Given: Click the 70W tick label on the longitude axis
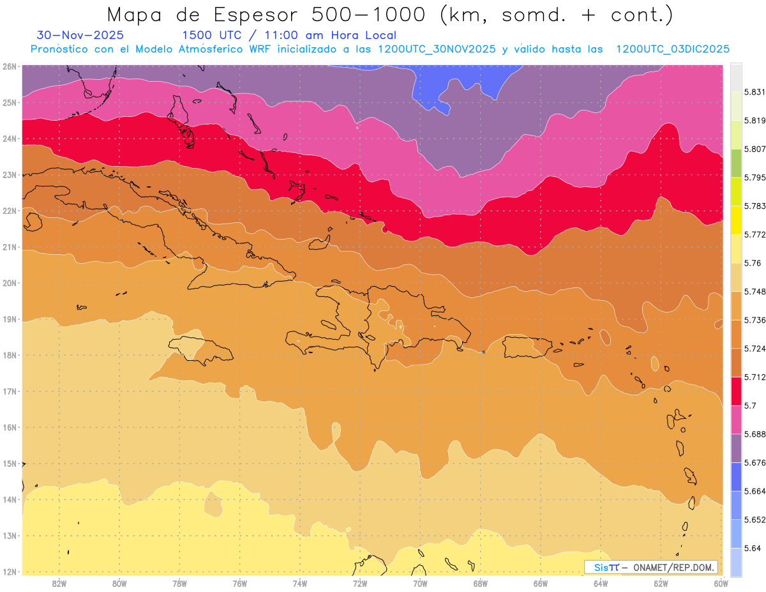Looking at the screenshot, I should tap(420, 582).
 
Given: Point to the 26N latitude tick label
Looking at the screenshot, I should tap(10, 66).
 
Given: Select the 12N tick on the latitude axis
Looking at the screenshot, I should tap(10, 571).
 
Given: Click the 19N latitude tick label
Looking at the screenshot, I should tap(10, 319).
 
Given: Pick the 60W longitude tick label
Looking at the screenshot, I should tap(721, 582).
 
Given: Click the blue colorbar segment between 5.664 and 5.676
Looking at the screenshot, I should tap(736, 476).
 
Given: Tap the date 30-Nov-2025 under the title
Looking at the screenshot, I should tap(80, 35).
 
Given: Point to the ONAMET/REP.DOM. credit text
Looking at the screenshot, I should tap(674, 567).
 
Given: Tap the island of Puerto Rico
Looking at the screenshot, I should tap(527, 347).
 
